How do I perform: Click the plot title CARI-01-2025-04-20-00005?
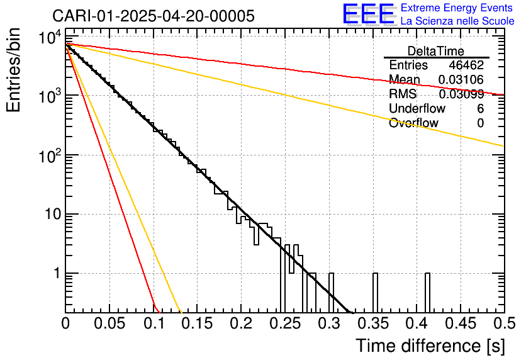[x=154, y=16]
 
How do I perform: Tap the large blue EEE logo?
[x=368, y=14]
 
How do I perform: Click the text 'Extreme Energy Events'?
[x=456, y=8]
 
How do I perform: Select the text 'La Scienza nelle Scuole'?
[x=457, y=21]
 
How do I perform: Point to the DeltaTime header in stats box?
[x=436, y=51]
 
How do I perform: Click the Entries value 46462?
[x=466, y=65]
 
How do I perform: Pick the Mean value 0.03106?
[x=461, y=80]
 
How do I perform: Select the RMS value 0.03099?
[x=461, y=94]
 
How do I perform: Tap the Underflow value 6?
[x=480, y=109]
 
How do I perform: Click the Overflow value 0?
[x=480, y=123]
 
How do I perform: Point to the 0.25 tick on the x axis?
[x=285, y=323]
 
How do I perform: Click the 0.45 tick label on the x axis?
[x=461, y=323]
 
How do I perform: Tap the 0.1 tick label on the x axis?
[x=154, y=323]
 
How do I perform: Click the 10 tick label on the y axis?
[x=50, y=214]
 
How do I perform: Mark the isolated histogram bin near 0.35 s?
[x=375, y=293]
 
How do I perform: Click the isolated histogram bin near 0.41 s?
[x=427, y=293]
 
